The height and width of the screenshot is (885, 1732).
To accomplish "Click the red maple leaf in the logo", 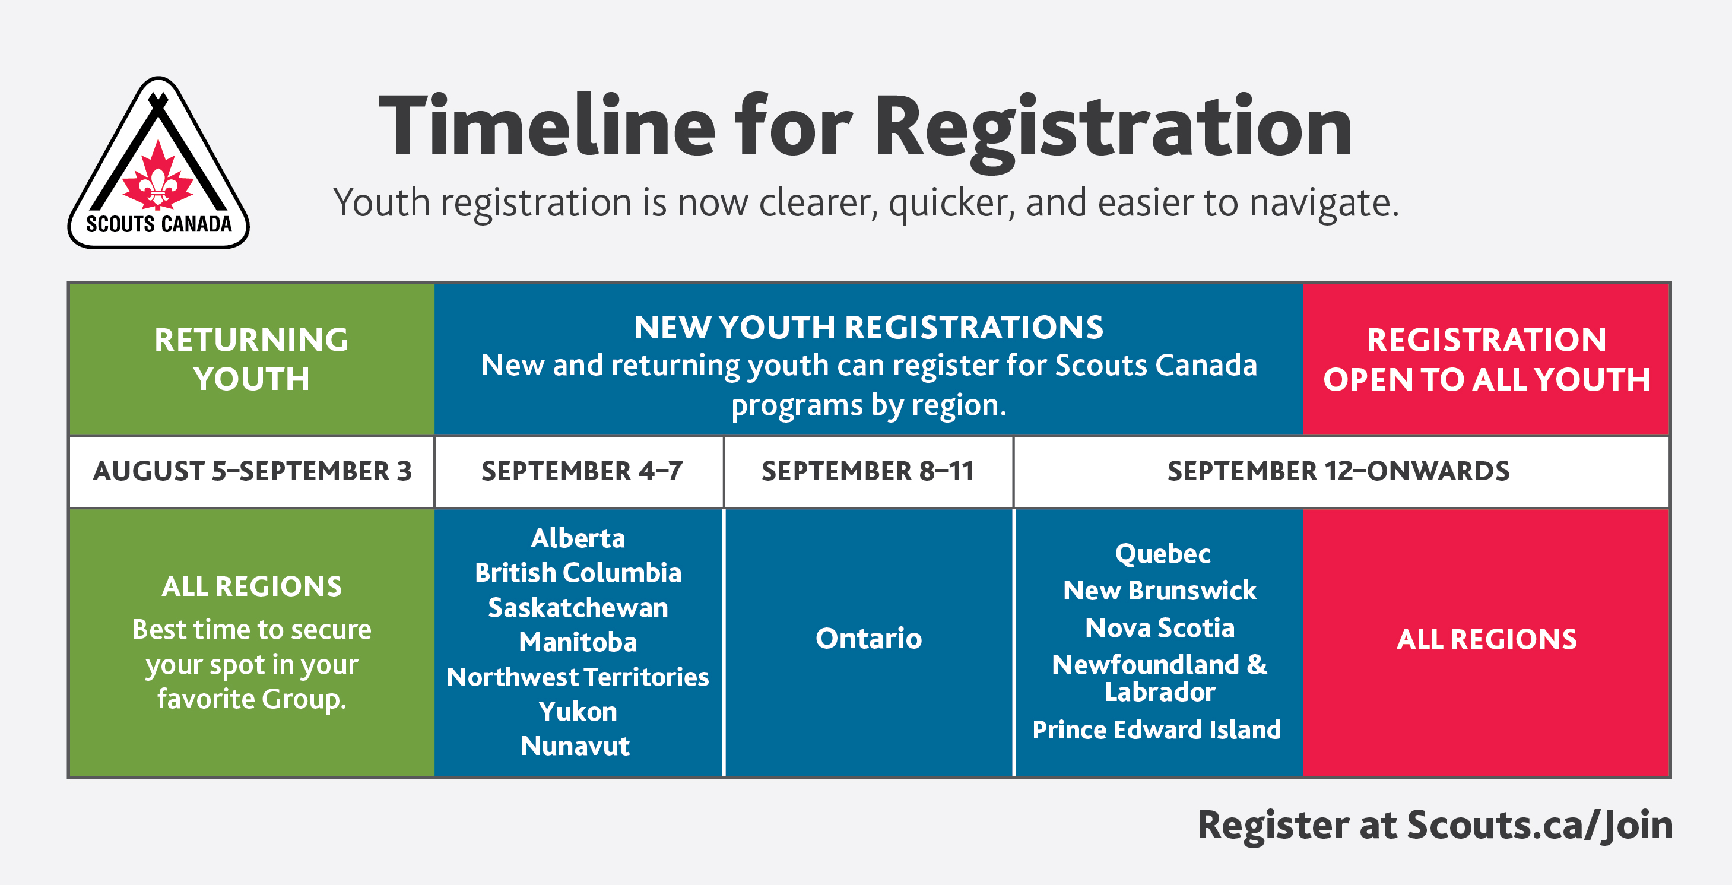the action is click(158, 176).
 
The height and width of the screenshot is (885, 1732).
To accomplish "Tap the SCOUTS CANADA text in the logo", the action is click(158, 224).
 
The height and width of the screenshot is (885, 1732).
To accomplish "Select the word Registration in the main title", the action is click(1113, 132).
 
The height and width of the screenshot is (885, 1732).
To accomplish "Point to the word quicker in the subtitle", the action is click(951, 202).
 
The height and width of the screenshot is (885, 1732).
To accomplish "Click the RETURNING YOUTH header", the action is click(252, 359).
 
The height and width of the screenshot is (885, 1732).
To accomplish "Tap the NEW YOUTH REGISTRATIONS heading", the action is click(869, 328).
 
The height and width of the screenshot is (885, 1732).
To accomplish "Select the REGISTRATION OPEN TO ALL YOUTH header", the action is click(1487, 359).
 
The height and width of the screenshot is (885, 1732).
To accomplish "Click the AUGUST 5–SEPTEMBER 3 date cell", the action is click(252, 471).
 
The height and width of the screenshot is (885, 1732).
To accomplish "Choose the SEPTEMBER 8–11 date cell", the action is click(868, 471).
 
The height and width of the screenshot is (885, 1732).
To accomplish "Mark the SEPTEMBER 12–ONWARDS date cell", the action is click(1338, 471).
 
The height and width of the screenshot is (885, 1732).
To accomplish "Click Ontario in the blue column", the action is click(869, 638).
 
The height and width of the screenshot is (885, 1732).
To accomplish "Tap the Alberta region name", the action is click(578, 538).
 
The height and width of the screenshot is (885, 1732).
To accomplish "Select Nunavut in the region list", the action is click(576, 746).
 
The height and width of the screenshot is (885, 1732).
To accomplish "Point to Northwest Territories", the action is click(578, 677).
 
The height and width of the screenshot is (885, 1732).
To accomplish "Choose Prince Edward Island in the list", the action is click(1157, 729).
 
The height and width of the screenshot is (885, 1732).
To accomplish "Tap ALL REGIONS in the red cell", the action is click(1487, 639).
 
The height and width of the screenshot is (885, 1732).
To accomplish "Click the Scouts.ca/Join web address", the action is click(1540, 826).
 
